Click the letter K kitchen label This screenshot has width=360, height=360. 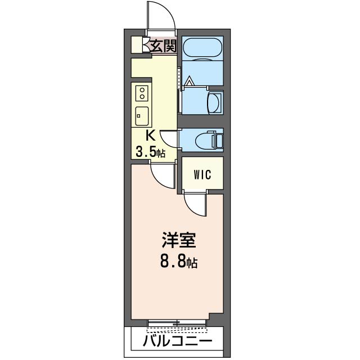(x=150, y=136)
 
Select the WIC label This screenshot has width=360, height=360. (x=202, y=174)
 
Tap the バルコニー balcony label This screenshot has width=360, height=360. (x=177, y=341)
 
